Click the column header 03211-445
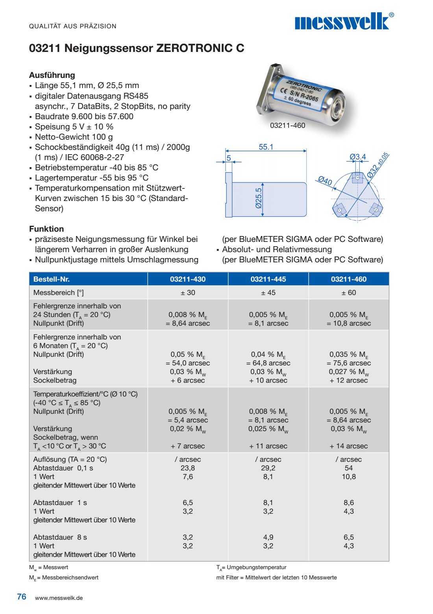[x=268, y=279]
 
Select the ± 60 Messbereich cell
[x=348, y=293]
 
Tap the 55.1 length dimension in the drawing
[x=266, y=147]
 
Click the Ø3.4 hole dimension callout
[x=357, y=157]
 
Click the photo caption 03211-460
[x=287, y=125]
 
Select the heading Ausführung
[x=52, y=75]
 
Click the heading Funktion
[x=46, y=229]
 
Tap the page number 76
[x=22, y=597]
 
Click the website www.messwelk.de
[x=59, y=598]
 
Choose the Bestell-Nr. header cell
[x=52, y=279]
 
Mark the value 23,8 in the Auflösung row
[x=188, y=468]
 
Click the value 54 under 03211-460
[x=348, y=468]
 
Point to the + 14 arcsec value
[x=348, y=446]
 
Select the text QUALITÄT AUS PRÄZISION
[x=73, y=26]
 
